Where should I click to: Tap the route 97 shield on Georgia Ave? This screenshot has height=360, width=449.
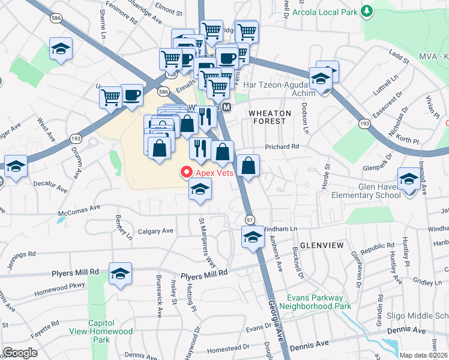pyautogui.click(x=249, y=220)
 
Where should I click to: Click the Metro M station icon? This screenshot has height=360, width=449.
pyautogui.click(x=227, y=107)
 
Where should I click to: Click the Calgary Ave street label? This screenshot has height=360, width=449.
pyautogui.click(x=155, y=230)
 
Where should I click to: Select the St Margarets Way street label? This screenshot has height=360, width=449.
pyautogui.click(x=205, y=242)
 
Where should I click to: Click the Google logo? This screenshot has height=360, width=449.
pyautogui.click(x=20, y=353)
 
